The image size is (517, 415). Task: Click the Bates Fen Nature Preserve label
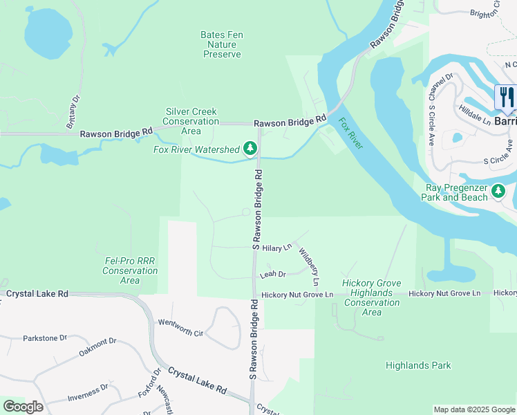(222, 44)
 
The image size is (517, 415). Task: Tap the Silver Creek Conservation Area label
(191, 121)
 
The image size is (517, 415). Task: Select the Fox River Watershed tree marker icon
(250, 148)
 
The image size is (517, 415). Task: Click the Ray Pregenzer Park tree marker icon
(498, 192)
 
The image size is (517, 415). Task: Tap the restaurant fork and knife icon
(507, 96)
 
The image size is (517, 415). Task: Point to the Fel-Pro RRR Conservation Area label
(130, 270)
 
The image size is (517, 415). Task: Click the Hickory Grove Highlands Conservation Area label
(372, 297)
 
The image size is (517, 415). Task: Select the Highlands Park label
(418, 365)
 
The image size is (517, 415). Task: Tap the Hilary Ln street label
(277, 247)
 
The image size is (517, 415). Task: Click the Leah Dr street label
(272, 275)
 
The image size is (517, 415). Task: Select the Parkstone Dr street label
(44, 338)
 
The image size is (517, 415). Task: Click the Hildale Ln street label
(474, 115)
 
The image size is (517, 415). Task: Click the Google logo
(23, 407)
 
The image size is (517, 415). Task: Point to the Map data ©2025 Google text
(473, 409)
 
